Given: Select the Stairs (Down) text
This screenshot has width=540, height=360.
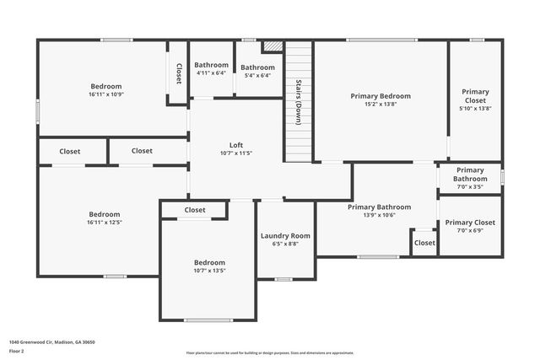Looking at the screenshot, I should (299, 102).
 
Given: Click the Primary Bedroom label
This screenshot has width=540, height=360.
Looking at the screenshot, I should (380, 96).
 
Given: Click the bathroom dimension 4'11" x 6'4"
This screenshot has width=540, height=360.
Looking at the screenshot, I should (211, 73).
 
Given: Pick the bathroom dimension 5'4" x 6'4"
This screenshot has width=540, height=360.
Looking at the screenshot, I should (257, 76).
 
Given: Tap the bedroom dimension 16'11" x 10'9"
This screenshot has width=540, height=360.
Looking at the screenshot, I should (106, 94).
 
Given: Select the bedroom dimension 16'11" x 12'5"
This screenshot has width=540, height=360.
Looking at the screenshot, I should (105, 223).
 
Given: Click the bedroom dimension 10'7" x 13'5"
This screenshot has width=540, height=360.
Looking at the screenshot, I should (209, 271).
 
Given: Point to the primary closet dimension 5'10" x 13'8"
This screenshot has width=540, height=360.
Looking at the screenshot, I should (475, 108).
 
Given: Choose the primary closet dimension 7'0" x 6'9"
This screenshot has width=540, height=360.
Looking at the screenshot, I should (470, 230).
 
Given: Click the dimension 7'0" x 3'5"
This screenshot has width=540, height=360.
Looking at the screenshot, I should (470, 186).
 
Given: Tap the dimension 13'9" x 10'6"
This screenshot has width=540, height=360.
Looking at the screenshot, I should (379, 215).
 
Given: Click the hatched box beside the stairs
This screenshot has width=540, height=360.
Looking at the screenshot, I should (272, 47).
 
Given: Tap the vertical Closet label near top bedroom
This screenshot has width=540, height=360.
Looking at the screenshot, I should (179, 74).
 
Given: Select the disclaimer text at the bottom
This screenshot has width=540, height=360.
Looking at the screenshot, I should (269, 352).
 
